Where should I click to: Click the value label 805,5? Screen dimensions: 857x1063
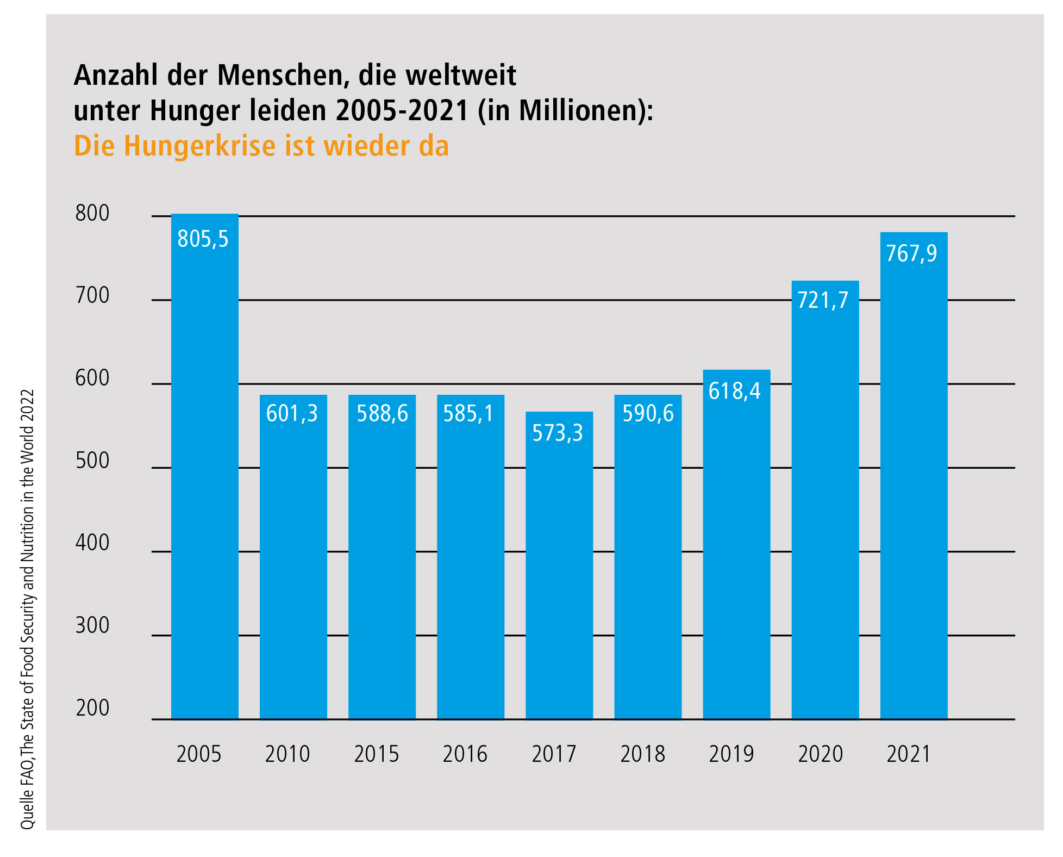pyautogui.click(x=203, y=239)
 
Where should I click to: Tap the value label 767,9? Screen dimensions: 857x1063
pyautogui.click(x=911, y=253)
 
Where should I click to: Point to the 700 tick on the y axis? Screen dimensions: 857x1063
pyautogui.click(x=92, y=295)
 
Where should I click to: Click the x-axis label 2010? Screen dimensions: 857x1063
pyautogui.click(x=287, y=754)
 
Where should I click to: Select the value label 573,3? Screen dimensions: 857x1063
pyautogui.click(x=558, y=433)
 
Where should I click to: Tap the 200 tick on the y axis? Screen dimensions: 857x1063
pyautogui.click(x=92, y=708)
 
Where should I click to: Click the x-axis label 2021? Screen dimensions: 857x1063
pyautogui.click(x=909, y=754)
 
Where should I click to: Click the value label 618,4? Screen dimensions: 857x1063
pyautogui.click(x=735, y=391)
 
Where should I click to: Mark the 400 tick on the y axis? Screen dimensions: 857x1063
pyautogui.click(x=92, y=543)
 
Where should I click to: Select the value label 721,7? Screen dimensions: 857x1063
pyautogui.click(x=823, y=300)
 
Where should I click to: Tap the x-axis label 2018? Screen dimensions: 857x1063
pyautogui.click(x=642, y=754)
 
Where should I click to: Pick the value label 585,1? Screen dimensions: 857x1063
pyautogui.click(x=468, y=413)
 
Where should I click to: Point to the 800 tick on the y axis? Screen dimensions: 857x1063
pyautogui.click(x=92, y=213)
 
